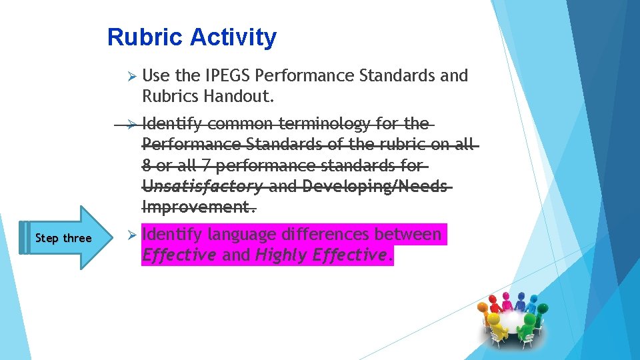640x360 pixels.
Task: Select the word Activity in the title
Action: pos(232,37)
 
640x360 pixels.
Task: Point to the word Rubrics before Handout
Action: pos(171,97)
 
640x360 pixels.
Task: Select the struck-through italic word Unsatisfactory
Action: pos(202,187)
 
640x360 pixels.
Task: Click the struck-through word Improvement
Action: pos(197,207)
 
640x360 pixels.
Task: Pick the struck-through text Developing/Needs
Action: pos(373,187)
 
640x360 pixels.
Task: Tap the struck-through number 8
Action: pos(147,165)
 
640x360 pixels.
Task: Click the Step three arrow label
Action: pos(63,239)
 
